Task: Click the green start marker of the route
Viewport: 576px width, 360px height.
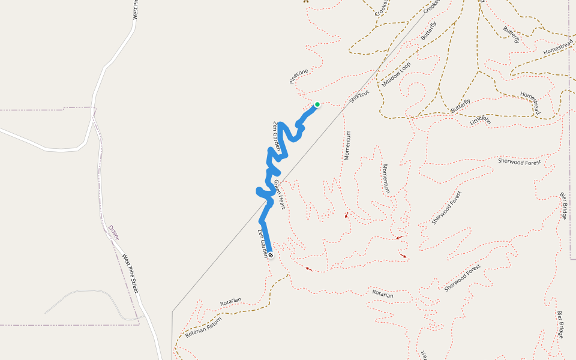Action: (x=317, y=104)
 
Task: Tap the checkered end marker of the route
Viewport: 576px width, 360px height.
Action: (x=271, y=255)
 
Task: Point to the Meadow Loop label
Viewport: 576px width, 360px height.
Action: (x=396, y=74)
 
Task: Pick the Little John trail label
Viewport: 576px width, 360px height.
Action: (x=481, y=120)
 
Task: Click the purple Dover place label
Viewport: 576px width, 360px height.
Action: (x=113, y=232)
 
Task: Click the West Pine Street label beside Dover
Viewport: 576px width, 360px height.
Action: (x=131, y=274)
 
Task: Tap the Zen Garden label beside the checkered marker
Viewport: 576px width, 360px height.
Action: (x=263, y=244)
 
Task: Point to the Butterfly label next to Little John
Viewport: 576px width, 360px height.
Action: (x=461, y=105)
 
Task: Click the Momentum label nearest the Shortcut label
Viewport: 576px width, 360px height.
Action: (x=347, y=145)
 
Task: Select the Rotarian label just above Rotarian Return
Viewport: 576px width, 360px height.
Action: (x=230, y=300)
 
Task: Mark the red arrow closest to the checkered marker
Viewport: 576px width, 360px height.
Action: (x=308, y=268)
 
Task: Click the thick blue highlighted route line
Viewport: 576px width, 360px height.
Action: (x=263, y=228)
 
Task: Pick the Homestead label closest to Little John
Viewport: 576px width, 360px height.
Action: (x=530, y=103)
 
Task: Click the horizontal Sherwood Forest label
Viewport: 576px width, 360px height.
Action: (x=520, y=161)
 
